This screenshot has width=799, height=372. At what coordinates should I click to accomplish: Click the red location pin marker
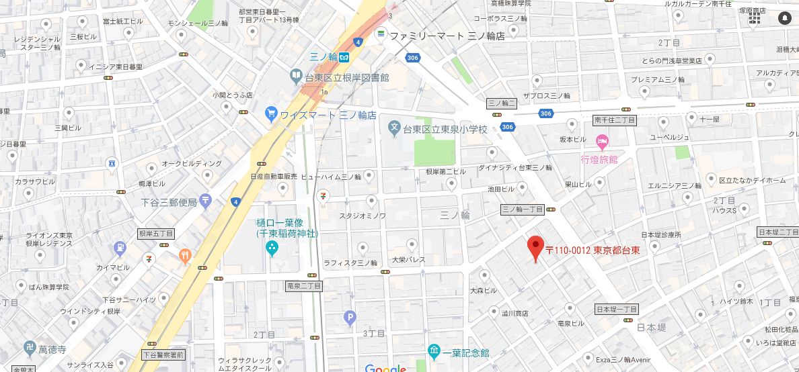pos(535,248)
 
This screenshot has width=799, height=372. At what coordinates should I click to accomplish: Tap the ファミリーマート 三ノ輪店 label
pos(447,36)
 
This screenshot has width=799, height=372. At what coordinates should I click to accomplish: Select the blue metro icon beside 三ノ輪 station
pos(343,57)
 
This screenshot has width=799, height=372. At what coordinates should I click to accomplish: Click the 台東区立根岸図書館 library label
pos(347,77)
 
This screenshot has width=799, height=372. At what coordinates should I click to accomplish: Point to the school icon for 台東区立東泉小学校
pos(395,128)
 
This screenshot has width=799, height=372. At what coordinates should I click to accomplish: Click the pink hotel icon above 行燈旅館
pos(602,142)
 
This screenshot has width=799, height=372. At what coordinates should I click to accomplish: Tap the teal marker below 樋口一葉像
pos(272,249)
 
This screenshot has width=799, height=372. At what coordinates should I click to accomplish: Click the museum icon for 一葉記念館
pos(434,351)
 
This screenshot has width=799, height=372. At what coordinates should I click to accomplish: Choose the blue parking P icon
pos(349,317)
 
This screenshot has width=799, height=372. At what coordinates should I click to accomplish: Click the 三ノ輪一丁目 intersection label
pos(523,210)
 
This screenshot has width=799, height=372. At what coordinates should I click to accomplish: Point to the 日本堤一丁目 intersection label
pos(617,309)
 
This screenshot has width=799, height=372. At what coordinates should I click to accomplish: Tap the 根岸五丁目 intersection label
pos(156,234)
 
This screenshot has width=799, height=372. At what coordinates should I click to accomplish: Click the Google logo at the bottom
pos(385,368)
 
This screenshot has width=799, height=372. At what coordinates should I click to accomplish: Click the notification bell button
pos(784,19)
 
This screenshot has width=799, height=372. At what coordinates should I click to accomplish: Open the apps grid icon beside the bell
pos(755,19)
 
